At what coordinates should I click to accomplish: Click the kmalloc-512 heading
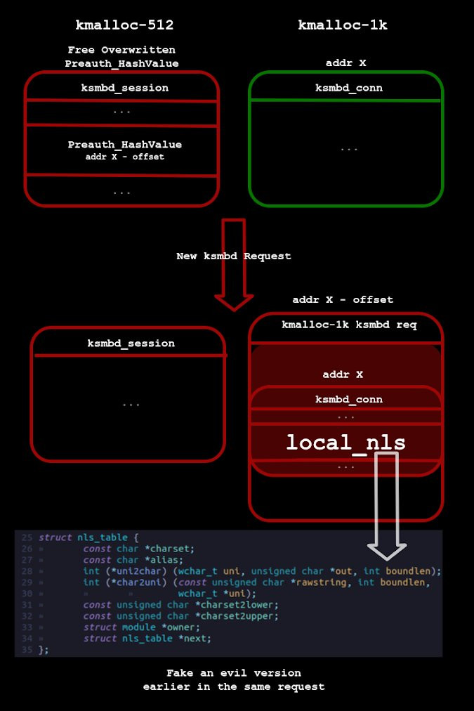[124, 25]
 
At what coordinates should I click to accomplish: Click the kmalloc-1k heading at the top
[342, 25]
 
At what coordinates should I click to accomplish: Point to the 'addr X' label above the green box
[345, 63]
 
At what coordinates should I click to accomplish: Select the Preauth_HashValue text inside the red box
[124, 144]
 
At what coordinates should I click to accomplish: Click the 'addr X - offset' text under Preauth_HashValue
[124, 157]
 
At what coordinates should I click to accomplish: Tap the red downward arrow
[233, 263]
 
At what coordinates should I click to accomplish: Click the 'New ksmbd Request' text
[233, 256]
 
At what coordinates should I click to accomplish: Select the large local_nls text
[345, 443]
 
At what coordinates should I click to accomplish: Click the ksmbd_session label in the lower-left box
[131, 344]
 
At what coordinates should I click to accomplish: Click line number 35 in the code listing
[27, 650]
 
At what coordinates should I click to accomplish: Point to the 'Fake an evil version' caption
[233, 673]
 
